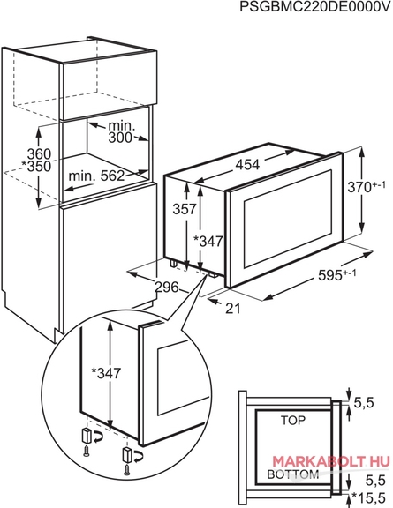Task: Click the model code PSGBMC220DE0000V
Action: [x=314, y=6]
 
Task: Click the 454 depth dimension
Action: [x=247, y=165]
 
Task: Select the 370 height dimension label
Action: [x=367, y=187]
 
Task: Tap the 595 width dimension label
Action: [x=336, y=275]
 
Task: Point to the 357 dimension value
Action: [x=185, y=209]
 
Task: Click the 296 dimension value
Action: [x=167, y=287]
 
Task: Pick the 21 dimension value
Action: [x=233, y=309]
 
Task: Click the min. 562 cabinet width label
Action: [x=97, y=176]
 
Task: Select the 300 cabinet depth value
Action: [x=120, y=138]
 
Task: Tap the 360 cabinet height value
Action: [x=39, y=153]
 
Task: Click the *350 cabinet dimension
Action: [x=36, y=167]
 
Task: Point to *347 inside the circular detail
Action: [x=106, y=373]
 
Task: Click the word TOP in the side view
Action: [x=293, y=421]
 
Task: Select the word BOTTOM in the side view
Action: [x=293, y=474]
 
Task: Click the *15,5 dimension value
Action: [x=368, y=498]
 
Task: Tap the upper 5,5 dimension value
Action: [x=364, y=403]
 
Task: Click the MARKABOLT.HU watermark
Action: [x=330, y=461]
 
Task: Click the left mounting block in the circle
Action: [x=87, y=436]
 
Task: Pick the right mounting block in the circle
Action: [x=127, y=454]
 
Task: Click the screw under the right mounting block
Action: [x=127, y=470]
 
